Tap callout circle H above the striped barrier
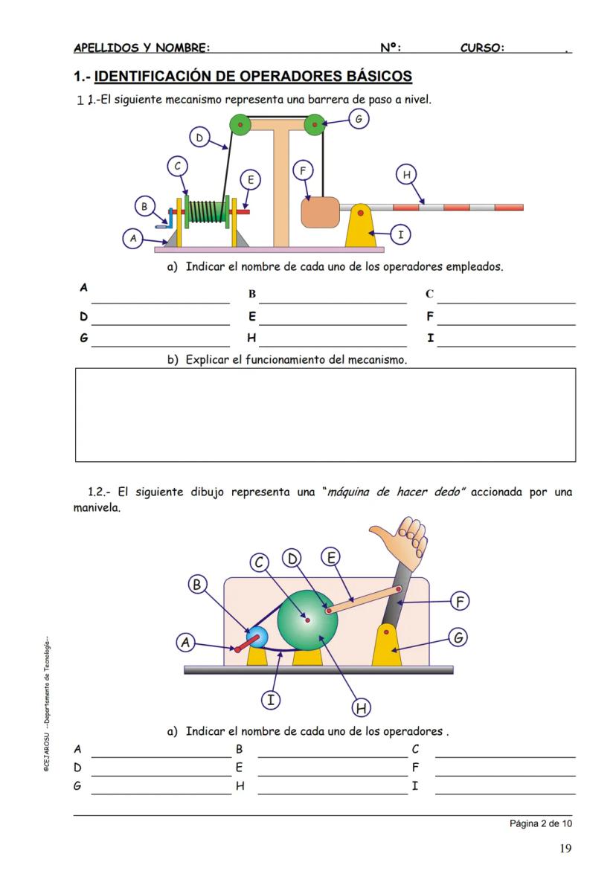coord(406,175)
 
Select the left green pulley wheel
coord(240,124)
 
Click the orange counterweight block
coord(320,212)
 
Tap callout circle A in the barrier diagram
coord(133,239)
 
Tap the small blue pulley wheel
coord(257,637)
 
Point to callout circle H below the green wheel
coord(362,707)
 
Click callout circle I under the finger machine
coord(272,699)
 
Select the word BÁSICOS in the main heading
coord(378,76)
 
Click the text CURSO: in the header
coord(482,48)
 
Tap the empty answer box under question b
coord(325,414)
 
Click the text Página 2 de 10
coord(541,823)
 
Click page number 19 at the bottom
coord(565,849)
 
